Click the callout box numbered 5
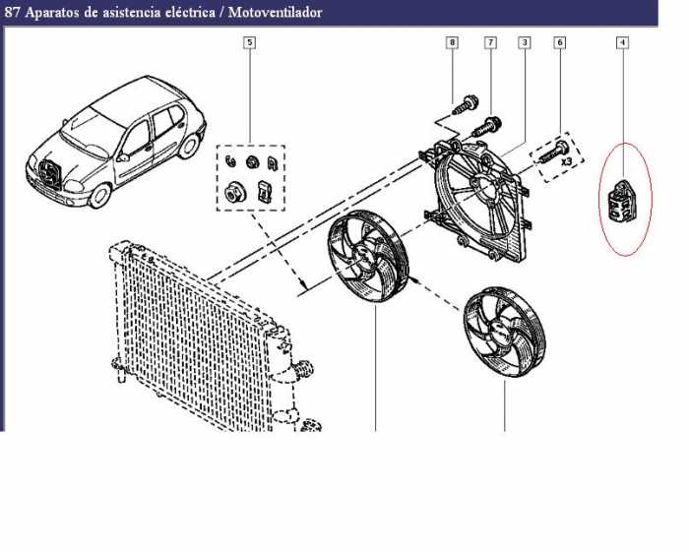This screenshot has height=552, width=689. coord(250,42)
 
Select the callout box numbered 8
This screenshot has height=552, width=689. coord(452,42)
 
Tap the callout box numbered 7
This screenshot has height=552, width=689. coord(490,42)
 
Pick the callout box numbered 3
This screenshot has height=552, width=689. coord(525,42)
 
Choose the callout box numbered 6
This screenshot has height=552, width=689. coord(559,42)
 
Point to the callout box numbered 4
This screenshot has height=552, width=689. coord(622,42)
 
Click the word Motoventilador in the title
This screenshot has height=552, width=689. coord(275,12)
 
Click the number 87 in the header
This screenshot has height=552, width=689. coord(12,12)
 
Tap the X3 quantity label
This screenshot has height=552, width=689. coord(566,161)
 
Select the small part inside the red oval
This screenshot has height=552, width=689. coord(620,199)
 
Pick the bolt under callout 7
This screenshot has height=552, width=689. coord(487,126)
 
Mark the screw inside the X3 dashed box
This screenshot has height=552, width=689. coord(552,152)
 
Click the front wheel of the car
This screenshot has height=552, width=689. coord(99,196)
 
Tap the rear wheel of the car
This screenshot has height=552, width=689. coord(190,146)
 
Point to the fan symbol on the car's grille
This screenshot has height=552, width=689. coord(49,173)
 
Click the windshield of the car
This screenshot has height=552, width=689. coord(88,130)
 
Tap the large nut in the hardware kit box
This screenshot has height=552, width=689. coord(232,192)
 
